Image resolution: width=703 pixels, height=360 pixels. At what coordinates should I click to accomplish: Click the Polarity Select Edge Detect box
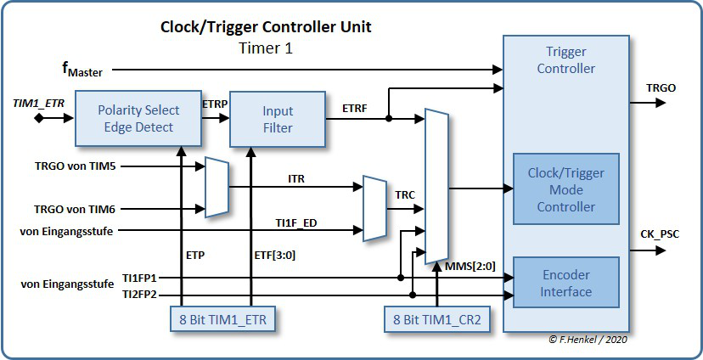[138, 119]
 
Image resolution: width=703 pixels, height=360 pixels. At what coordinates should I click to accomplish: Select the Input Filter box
[277, 119]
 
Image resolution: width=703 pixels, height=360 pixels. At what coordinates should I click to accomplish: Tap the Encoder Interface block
[566, 284]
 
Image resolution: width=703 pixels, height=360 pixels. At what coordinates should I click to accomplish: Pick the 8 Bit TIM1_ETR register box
[222, 320]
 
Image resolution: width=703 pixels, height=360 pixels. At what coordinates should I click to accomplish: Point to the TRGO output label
[661, 87]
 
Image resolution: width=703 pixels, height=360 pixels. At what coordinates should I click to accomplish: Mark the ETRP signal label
[214, 104]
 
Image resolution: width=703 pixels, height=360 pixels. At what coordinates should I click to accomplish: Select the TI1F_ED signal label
[296, 222]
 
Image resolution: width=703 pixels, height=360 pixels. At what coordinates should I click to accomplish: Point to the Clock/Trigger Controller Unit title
[266, 27]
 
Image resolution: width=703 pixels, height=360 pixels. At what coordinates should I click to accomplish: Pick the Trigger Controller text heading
[566, 60]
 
